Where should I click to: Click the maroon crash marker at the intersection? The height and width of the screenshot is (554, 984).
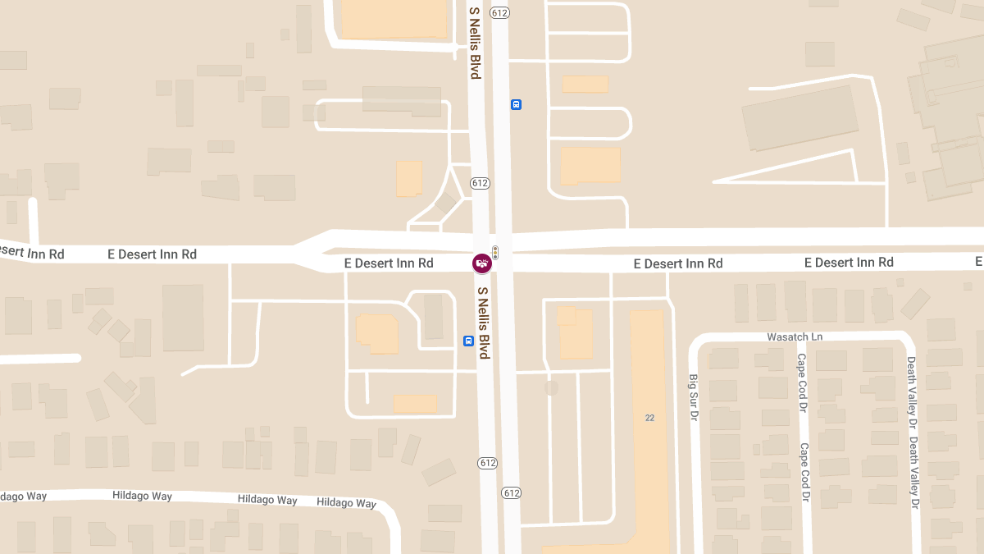coord(481,263)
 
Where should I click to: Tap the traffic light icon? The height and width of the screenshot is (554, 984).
coord(494,253)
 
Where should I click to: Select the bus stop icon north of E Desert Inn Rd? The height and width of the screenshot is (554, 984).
coord(516,104)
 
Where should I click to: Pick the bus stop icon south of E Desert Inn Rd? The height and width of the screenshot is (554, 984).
coord(468,341)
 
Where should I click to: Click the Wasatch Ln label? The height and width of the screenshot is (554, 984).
coord(795,337)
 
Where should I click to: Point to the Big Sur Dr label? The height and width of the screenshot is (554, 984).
coord(693,398)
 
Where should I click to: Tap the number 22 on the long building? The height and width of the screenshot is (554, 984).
coord(649,418)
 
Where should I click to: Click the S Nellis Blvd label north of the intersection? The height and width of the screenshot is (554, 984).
coord(474,43)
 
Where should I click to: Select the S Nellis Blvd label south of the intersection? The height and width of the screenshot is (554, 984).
coord(483,323)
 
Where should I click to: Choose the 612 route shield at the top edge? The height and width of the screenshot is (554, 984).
coord(501,12)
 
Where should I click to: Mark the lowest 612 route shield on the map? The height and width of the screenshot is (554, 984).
coord(512,493)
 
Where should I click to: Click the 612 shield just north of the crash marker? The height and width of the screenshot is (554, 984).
coord(481,183)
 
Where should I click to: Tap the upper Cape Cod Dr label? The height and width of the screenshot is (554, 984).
coord(802,377)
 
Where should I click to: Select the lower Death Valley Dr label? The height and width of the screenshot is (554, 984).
coord(913,471)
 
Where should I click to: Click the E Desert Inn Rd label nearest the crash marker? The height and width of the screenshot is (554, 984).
coord(389,263)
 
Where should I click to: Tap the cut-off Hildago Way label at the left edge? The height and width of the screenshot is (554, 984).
coord(23,497)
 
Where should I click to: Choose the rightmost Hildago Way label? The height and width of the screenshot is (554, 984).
coord(346,502)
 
